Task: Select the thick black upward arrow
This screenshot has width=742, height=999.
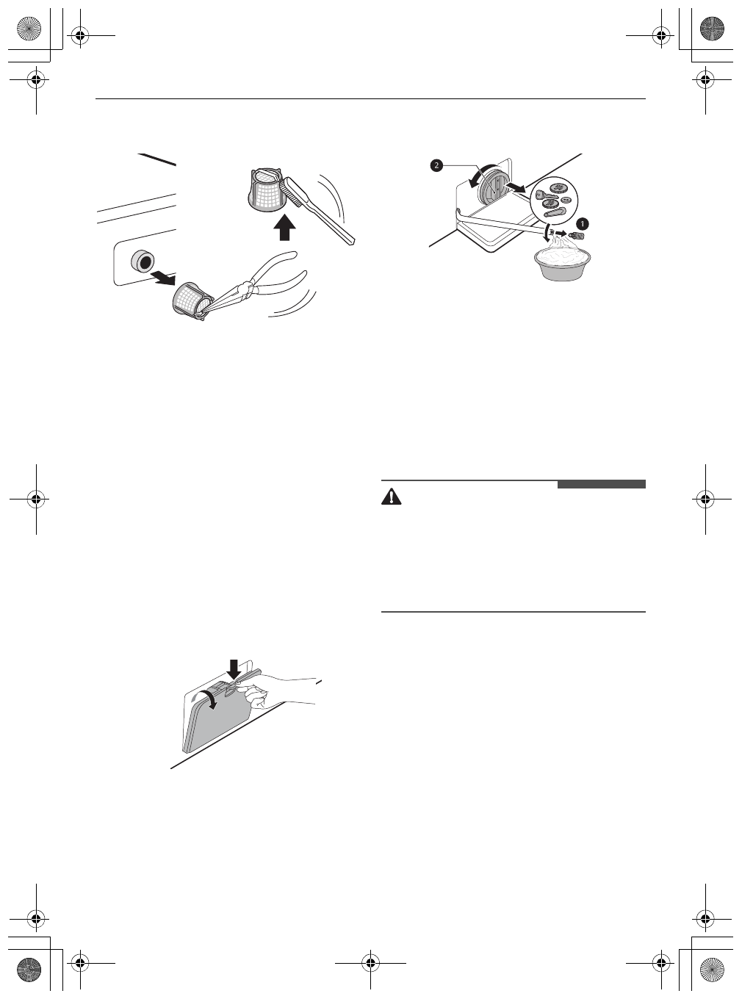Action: (284, 228)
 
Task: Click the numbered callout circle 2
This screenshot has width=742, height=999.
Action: (436, 166)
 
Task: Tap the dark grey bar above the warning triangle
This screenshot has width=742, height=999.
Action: (601, 484)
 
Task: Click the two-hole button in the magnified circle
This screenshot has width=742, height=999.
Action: (566, 200)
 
